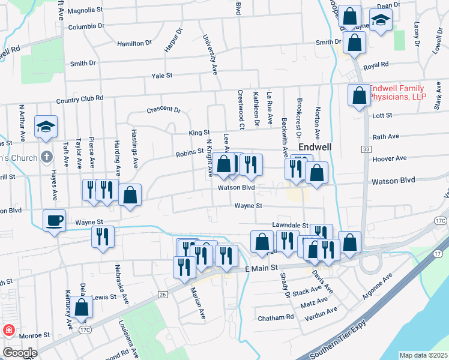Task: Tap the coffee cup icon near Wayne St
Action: coord(55,220)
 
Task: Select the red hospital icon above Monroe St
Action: coord(9,331)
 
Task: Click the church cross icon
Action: coord(46,158)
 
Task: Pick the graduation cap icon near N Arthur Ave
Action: coord(46,127)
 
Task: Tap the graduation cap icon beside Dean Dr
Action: coord(381,20)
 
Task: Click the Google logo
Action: coord(19,353)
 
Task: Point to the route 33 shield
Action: coord(366,148)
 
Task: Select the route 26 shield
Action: coord(162,294)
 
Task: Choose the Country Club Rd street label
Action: coord(79,99)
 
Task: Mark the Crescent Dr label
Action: coord(163,110)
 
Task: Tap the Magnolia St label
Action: coord(85,11)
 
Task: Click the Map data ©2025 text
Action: coord(424,355)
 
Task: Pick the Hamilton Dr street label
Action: coord(134,43)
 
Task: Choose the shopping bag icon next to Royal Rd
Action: coord(355,43)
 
